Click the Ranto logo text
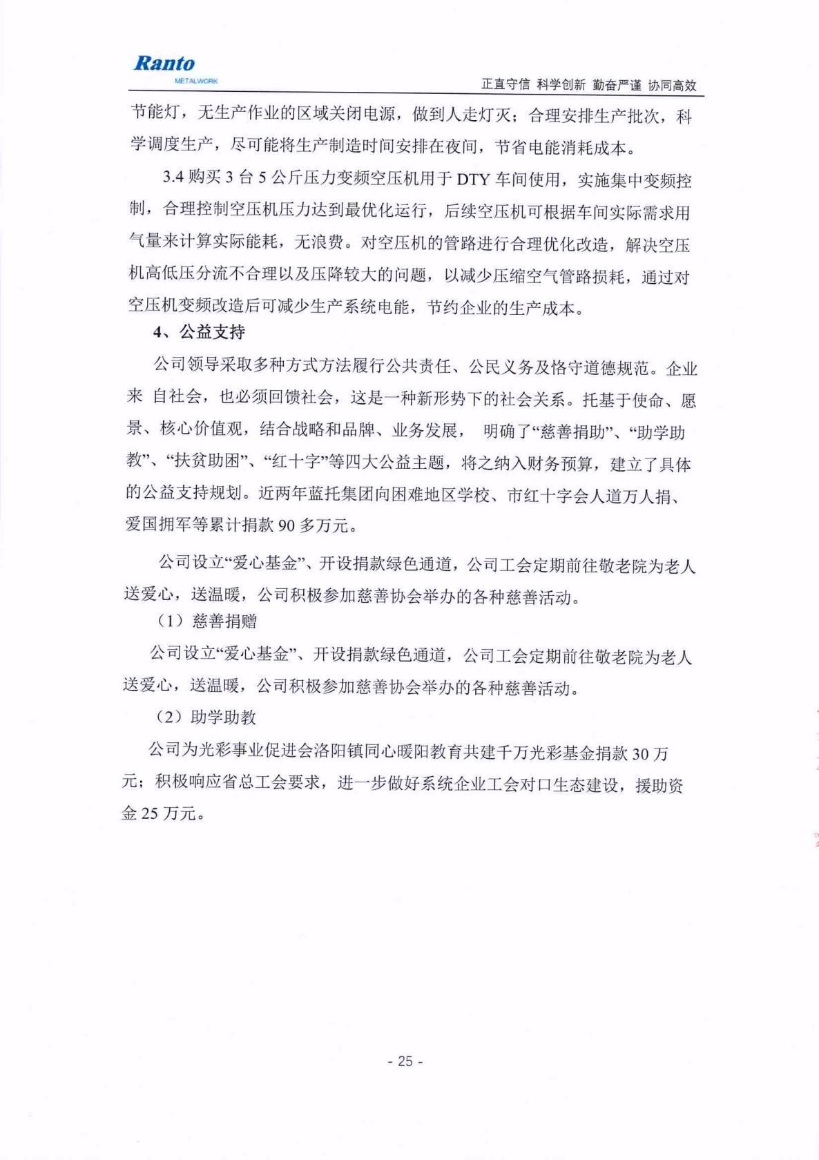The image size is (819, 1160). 164,64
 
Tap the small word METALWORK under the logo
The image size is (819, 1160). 197,81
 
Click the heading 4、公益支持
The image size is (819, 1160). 199,333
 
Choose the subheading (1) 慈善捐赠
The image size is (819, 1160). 207,621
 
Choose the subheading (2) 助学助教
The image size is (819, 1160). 207,718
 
